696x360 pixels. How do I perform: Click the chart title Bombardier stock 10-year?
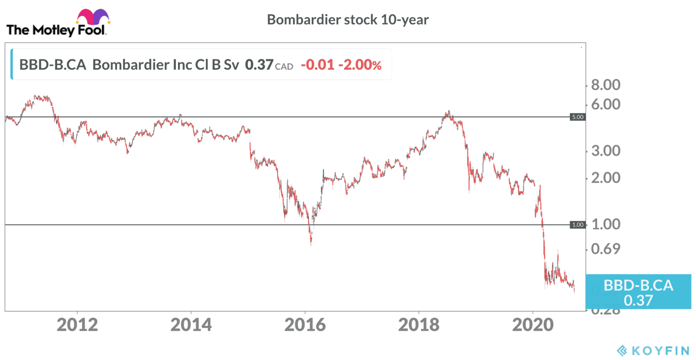(x=348, y=20)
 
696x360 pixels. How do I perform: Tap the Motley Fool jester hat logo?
(x=93, y=18)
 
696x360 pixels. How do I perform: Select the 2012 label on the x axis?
(x=77, y=325)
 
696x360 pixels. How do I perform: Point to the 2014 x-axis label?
(x=191, y=325)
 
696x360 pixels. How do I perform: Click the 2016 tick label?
(x=305, y=325)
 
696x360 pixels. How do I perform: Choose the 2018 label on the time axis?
(x=419, y=325)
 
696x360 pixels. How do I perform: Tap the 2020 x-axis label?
(x=533, y=325)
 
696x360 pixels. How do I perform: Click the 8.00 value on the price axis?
(x=606, y=85)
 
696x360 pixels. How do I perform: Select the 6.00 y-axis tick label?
(x=606, y=104)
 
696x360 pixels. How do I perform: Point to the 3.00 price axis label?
(x=606, y=151)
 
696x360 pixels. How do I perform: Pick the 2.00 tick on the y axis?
(x=606, y=178)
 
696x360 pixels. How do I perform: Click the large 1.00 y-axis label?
(x=606, y=224)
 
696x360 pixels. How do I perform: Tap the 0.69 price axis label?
(x=606, y=249)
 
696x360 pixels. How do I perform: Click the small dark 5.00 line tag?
(x=578, y=117)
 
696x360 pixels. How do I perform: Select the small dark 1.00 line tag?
(x=578, y=225)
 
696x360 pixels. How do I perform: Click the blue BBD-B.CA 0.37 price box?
(x=638, y=292)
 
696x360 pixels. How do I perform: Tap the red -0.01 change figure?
(x=318, y=65)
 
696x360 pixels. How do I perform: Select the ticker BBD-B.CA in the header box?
(x=53, y=65)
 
